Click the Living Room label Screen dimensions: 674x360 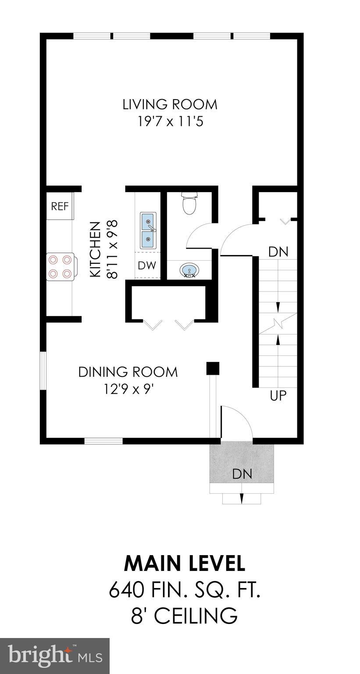(170, 104)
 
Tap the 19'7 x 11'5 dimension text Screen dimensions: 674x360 (170, 121)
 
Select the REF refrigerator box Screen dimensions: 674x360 (60, 206)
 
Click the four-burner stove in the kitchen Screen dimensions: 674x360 (60, 267)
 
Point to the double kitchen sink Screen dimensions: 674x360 (148, 230)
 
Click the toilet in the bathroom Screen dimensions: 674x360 (189, 204)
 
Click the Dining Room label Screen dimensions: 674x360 (128, 372)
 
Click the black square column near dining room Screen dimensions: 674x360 (213, 369)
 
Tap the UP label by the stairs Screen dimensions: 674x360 (278, 396)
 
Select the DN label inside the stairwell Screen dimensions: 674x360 (278, 252)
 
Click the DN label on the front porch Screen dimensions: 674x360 (242, 474)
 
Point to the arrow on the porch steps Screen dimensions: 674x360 (242, 498)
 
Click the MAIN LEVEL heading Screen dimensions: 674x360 (185, 563)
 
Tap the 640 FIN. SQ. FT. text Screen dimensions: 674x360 (185, 590)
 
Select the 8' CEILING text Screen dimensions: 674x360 (185, 616)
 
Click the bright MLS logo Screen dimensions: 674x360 (55, 656)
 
